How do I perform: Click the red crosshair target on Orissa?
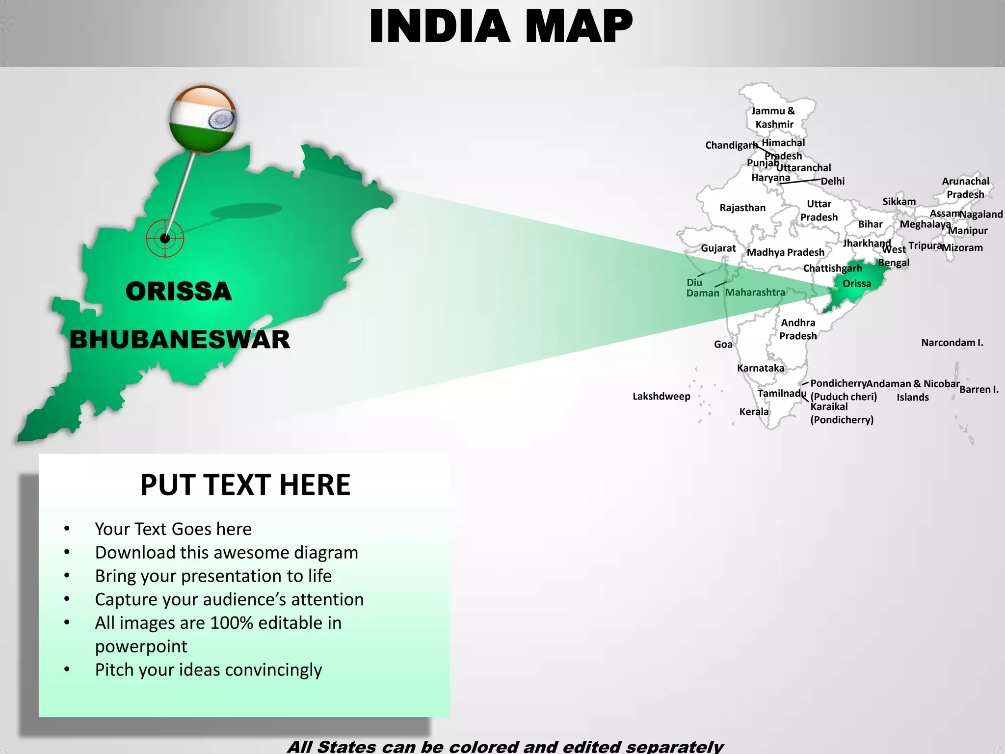coord(165,239)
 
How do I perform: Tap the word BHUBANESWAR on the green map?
coord(180,340)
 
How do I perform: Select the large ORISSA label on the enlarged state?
coord(179,292)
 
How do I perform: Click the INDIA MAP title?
coord(501,27)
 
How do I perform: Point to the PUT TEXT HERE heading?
coord(245,485)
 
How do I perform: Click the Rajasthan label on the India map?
coord(742,208)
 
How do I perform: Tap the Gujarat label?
coord(718,248)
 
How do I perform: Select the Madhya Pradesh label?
coord(785,252)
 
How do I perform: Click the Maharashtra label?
coord(755,293)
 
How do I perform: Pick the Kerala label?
coord(754,412)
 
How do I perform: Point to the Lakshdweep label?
coord(661,396)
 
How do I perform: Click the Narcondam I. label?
coord(952,343)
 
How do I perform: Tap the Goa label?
coord(723,345)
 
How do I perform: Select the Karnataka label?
coord(761,368)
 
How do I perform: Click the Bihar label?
coord(870,224)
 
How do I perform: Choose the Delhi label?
coord(833,181)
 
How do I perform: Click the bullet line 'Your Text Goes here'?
coord(173,529)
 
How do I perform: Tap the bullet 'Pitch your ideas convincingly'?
coord(209,670)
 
